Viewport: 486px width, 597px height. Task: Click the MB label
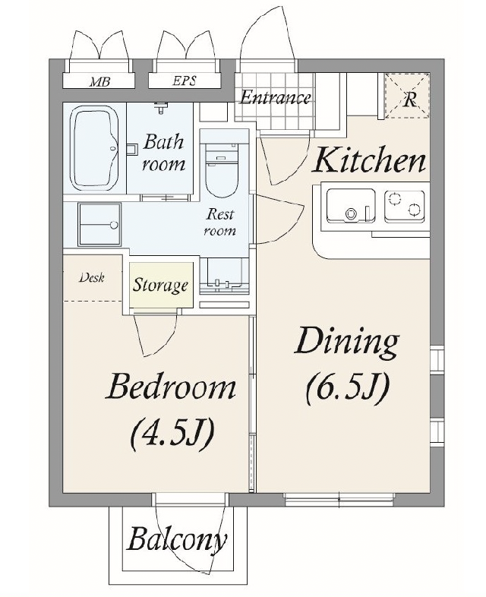99,81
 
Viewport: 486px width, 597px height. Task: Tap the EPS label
185,81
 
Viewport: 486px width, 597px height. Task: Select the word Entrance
275,97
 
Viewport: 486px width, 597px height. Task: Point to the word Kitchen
368,161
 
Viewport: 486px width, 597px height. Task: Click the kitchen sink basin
351,205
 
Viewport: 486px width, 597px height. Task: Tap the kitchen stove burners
404,206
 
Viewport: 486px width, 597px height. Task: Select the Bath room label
163,153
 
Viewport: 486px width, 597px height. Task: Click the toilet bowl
222,170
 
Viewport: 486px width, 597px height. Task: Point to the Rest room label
220,223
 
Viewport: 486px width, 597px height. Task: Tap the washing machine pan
99,224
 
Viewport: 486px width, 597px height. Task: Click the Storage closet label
160,285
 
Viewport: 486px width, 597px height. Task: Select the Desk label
91,277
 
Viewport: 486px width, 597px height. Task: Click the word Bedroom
172,387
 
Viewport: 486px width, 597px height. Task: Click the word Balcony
177,539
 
